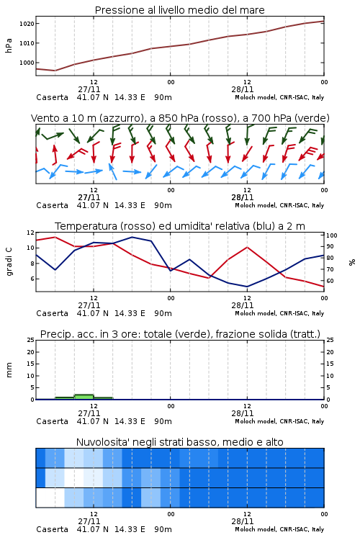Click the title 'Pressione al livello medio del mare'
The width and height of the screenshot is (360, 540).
point(179,10)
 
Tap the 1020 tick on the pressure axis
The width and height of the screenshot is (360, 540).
point(27,24)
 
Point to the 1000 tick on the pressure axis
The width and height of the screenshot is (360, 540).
point(27,63)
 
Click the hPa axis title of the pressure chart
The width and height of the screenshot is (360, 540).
point(9,45)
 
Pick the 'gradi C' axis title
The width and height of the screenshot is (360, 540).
point(9,262)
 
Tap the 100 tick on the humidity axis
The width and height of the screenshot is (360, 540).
point(332,235)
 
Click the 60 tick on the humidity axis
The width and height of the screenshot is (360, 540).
point(330,281)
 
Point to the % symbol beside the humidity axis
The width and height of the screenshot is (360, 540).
point(352,262)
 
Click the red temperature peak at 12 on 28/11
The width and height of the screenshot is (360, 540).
point(247,247)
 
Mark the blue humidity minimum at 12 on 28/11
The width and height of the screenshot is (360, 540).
point(247,287)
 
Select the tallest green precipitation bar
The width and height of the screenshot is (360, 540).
point(84,397)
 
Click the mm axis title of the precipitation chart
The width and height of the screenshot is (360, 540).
point(9,370)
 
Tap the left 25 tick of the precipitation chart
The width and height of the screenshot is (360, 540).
point(30,340)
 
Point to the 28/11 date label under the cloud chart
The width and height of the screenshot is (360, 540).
point(243,521)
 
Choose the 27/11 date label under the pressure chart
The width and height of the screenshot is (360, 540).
point(89,89)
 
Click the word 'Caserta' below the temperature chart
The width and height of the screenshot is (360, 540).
point(53,313)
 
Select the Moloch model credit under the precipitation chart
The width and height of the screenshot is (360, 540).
point(279,421)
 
